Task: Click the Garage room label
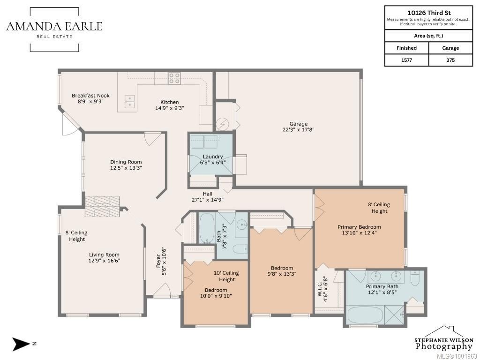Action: click(298, 124)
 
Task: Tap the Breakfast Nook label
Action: click(90, 96)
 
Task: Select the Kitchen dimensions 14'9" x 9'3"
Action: click(170, 108)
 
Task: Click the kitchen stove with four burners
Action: click(174, 78)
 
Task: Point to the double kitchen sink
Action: click(130, 102)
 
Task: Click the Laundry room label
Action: click(213, 157)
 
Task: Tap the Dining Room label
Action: click(126, 162)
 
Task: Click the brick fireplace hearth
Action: click(102, 207)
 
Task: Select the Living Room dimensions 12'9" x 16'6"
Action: click(104, 261)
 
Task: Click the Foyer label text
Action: click(158, 261)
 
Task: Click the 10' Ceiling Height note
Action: click(226, 276)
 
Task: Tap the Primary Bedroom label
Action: click(359, 227)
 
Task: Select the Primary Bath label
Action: click(382, 286)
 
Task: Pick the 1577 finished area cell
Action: click(406, 60)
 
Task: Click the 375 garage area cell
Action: click(450, 60)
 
